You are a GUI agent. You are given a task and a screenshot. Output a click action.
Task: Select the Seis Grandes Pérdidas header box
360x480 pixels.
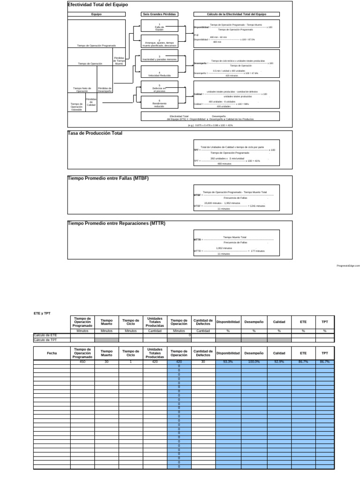[x=159, y=15]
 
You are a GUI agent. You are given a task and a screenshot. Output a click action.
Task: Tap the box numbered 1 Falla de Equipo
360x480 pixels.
[x=159, y=27]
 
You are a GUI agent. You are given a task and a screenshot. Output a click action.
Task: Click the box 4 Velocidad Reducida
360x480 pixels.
[x=159, y=74]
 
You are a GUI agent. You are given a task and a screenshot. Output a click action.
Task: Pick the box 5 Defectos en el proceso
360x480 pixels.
[x=159, y=88]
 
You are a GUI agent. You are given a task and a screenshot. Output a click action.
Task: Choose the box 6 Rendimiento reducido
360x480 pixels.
[x=159, y=103]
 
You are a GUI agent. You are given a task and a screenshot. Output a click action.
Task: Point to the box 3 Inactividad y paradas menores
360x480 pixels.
[x=159, y=58]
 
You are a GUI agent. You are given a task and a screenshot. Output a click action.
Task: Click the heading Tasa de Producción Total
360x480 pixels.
[x=95, y=133]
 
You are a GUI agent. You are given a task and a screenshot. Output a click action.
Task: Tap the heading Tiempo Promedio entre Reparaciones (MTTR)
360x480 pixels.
[x=117, y=223]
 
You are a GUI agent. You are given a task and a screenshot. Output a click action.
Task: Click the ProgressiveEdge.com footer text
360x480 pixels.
[x=348, y=266]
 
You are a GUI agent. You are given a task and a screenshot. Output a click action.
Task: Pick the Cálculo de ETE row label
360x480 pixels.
[x=45, y=336]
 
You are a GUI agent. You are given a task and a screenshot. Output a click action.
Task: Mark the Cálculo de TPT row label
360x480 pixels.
[x=45, y=340]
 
